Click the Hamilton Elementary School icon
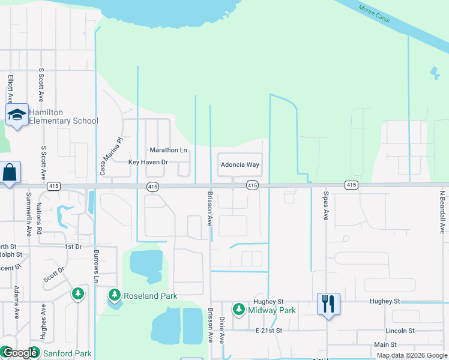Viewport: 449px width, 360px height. [17, 115]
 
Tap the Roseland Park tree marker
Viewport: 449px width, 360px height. [115, 295]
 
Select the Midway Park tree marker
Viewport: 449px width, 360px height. [239, 309]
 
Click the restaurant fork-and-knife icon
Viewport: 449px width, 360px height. [328, 304]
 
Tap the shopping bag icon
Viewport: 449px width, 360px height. [10, 173]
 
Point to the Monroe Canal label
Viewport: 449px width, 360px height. [374, 15]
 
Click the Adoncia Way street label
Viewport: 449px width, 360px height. [240, 164]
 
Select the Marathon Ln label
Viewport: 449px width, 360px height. [168, 150]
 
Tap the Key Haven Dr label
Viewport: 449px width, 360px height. [148, 162]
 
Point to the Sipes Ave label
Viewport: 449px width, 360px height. [325, 206]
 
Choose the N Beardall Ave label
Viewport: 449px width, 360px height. [442, 211]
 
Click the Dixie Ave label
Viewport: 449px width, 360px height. [221, 330]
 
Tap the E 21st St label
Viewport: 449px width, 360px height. [268, 331]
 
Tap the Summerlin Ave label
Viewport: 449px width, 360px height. [29, 214]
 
